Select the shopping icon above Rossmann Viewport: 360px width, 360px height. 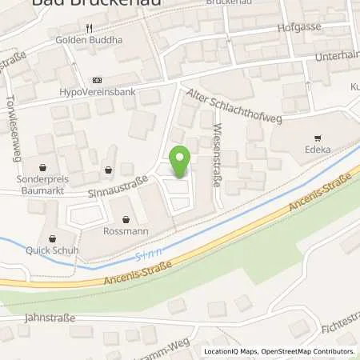pyautogui.click(x=126, y=219)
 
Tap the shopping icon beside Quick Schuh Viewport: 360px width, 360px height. pyautogui.click(x=53, y=238)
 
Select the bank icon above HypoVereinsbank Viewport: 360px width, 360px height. pyautogui.click(x=97, y=80)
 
